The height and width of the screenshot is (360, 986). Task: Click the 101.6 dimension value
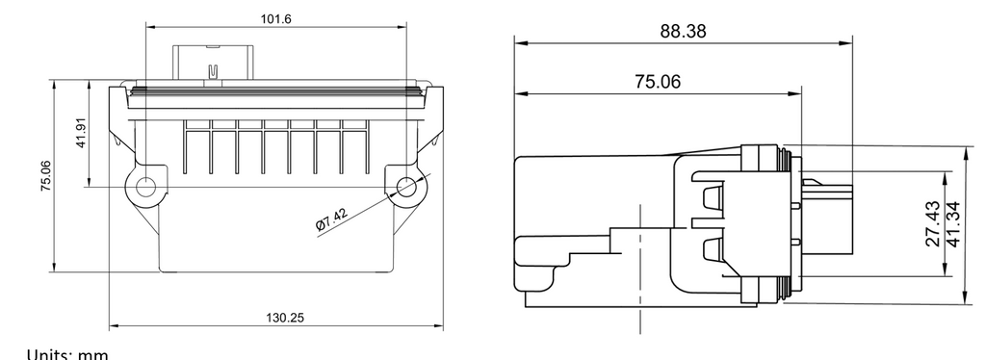(x=276, y=19)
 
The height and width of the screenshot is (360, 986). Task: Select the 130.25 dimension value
(x=284, y=318)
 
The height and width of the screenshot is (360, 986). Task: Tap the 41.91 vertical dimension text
(x=81, y=133)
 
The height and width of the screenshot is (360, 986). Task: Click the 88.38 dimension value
(x=683, y=31)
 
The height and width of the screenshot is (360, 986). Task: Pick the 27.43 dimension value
(x=934, y=223)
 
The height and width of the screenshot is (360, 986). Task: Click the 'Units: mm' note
(x=67, y=354)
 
